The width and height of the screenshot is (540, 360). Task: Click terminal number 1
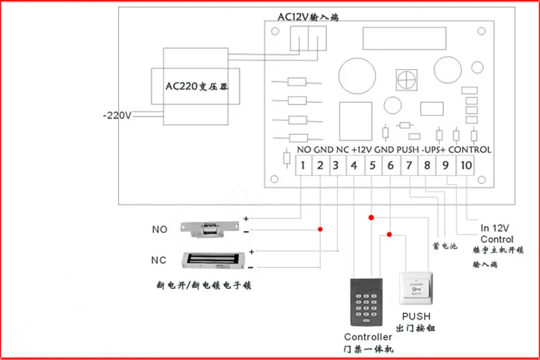(x=303, y=166)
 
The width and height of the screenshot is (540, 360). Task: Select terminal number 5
(x=372, y=166)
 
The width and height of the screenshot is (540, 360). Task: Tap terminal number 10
(x=466, y=166)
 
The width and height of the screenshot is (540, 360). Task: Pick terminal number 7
(x=408, y=166)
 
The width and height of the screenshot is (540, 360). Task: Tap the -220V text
(x=117, y=114)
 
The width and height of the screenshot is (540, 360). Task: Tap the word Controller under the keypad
(x=368, y=337)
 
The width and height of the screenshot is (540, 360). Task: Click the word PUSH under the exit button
(x=416, y=317)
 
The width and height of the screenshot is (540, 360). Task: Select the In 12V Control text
(x=497, y=233)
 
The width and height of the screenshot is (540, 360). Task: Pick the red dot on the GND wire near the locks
(x=320, y=229)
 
